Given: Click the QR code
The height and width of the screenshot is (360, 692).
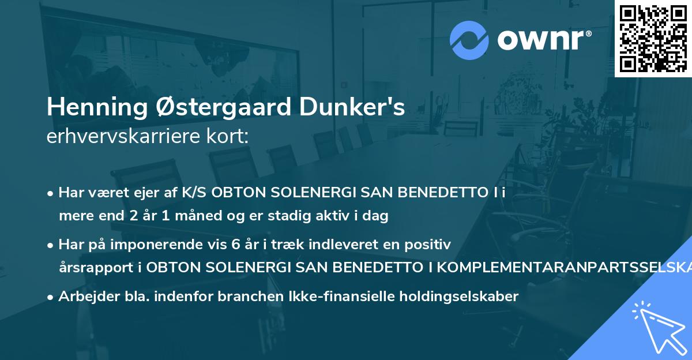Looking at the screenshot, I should click(x=652, y=38).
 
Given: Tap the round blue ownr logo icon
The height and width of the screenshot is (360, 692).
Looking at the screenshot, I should click(x=468, y=40).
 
